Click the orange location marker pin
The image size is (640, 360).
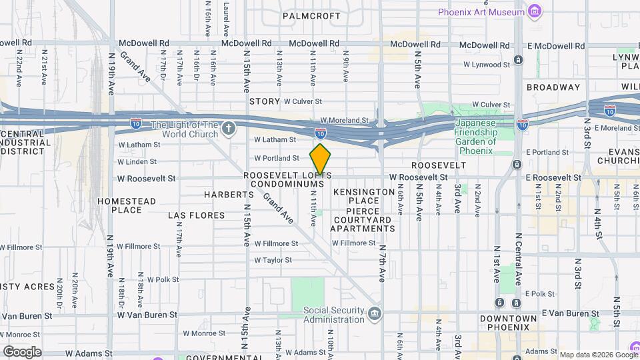(x=320, y=160)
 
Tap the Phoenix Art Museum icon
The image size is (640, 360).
(x=533, y=12)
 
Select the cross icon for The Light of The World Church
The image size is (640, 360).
(x=229, y=128)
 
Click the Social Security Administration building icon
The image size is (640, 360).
(x=375, y=313)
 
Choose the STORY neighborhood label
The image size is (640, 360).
(x=264, y=101)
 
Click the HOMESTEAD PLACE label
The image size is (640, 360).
(x=127, y=205)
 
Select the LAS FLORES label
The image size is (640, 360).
(x=193, y=215)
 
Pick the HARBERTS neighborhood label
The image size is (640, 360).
(x=229, y=195)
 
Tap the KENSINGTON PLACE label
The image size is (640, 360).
(x=364, y=196)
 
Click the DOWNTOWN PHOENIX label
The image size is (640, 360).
(x=508, y=322)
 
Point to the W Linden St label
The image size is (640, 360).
(x=137, y=161)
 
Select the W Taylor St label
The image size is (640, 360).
(x=273, y=261)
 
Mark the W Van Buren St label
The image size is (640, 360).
(x=147, y=315)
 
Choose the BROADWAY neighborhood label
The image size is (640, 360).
(x=553, y=87)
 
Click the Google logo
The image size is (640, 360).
(x=22, y=351)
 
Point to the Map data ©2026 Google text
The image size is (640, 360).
(x=598, y=354)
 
